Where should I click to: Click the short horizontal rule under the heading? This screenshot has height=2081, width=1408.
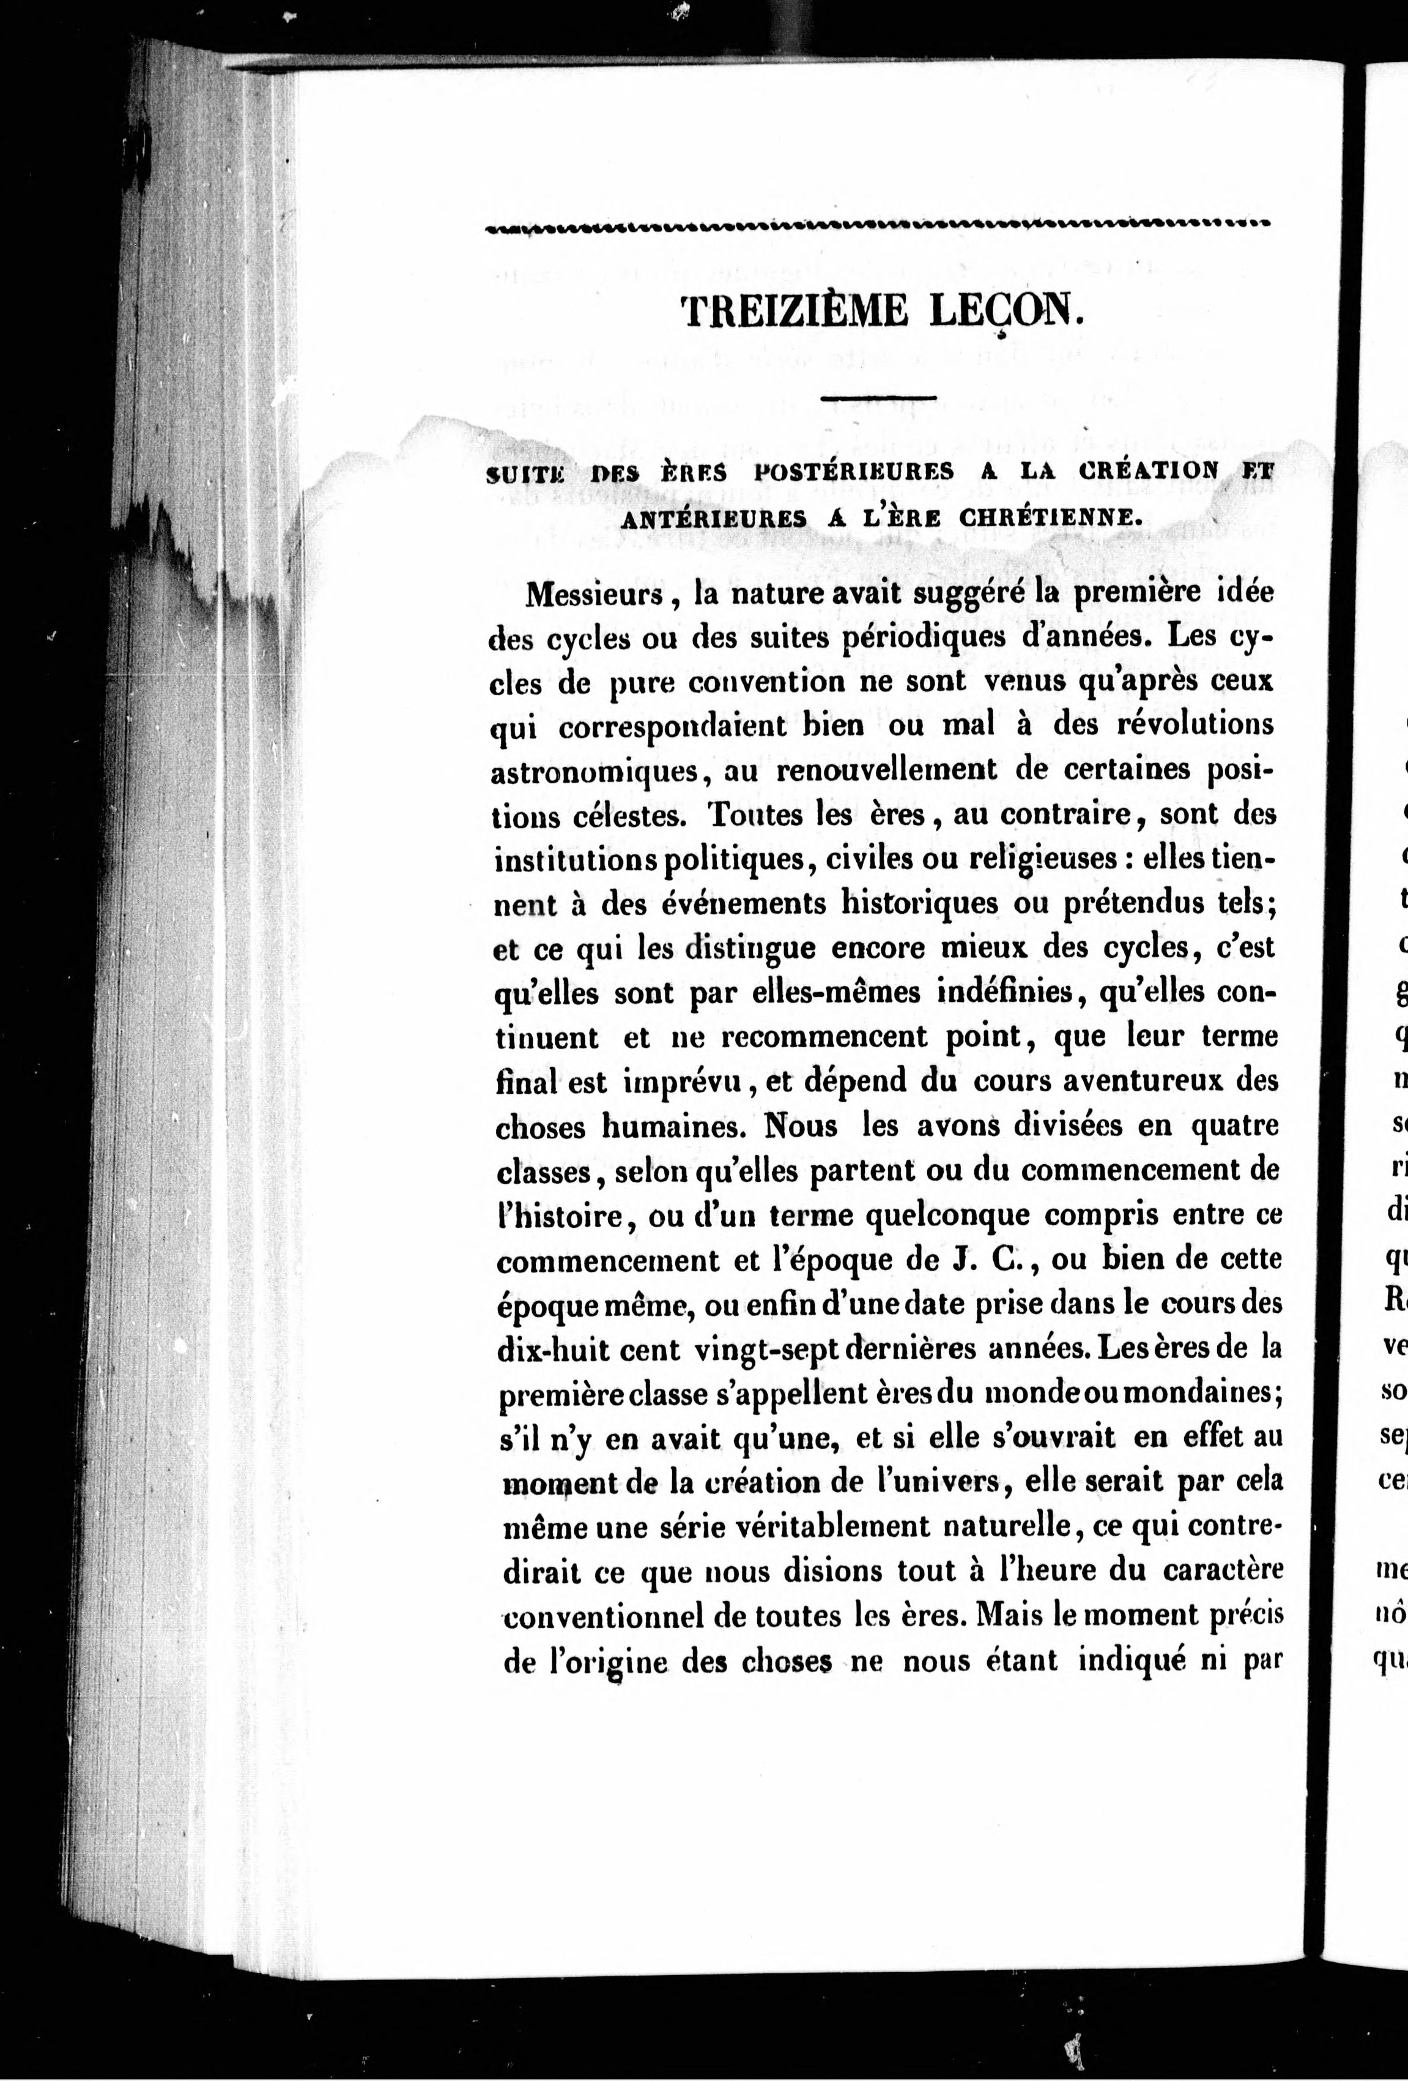[878, 397]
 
